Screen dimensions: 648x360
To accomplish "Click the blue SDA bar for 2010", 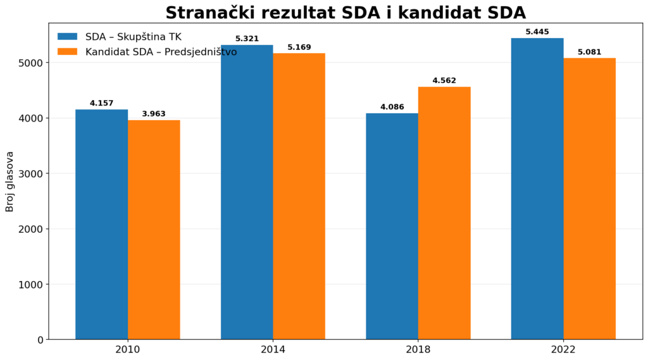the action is click(x=102, y=225).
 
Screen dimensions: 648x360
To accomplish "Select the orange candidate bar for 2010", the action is click(x=154, y=230).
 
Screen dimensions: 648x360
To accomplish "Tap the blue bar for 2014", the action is click(x=247, y=192).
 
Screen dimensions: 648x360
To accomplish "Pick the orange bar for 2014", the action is click(x=299, y=196).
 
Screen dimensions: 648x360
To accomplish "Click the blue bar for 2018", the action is click(x=392, y=227).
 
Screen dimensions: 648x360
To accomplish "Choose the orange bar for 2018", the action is click(x=444, y=213).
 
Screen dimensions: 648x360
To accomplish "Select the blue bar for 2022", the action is click(x=537, y=189).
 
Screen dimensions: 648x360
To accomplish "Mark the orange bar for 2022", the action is click(x=589, y=199).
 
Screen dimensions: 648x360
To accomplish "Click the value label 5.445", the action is click(x=537, y=32).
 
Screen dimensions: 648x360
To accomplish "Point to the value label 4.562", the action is click(x=444, y=80).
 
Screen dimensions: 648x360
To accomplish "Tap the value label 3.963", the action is click(x=154, y=114).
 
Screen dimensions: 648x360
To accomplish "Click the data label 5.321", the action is click(x=247, y=39).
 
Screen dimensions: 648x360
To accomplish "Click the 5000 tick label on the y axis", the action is click(x=31, y=63).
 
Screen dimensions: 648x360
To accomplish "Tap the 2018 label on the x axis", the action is click(x=418, y=350).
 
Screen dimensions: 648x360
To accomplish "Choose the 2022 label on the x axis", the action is click(x=563, y=350).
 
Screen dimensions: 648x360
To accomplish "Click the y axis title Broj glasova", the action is click(x=9, y=182).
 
